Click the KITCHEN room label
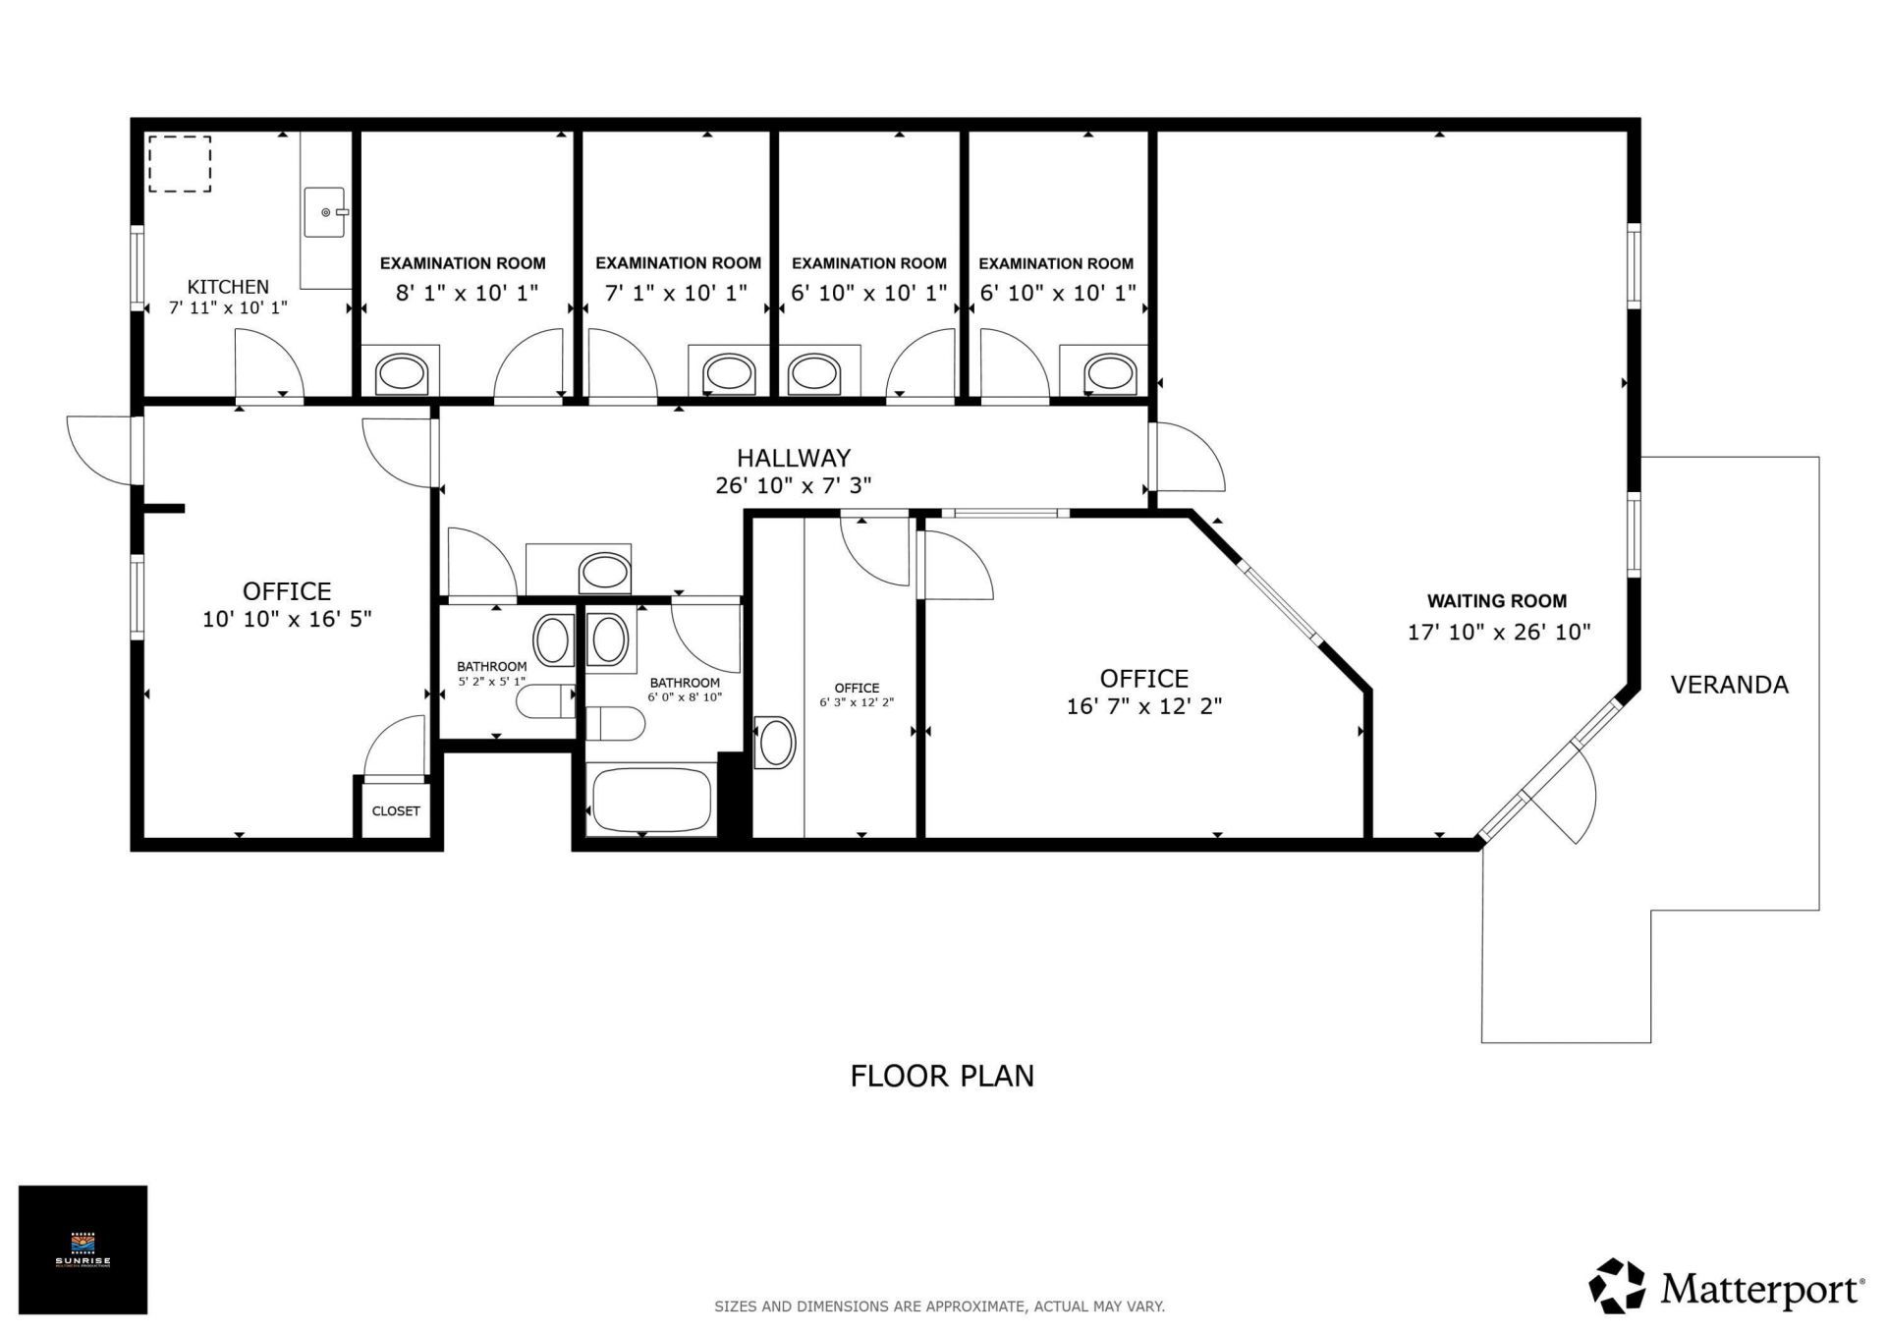[228, 287]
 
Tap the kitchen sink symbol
[324, 212]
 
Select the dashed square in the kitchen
[180, 164]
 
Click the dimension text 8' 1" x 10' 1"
[467, 293]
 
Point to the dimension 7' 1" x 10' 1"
[676, 293]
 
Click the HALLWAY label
[794, 458]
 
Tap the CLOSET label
[396, 811]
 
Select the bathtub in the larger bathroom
[652, 800]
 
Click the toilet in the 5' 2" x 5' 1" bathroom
[546, 701]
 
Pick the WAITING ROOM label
[1497, 601]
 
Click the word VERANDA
[1729, 685]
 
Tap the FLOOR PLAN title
[942, 1077]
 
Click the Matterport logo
[1727, 1287]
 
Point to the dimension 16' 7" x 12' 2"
[1144, 706]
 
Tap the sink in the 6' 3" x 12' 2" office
[776, 742]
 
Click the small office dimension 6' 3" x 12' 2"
[857, 702]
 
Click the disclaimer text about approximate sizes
[939, 1306]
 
